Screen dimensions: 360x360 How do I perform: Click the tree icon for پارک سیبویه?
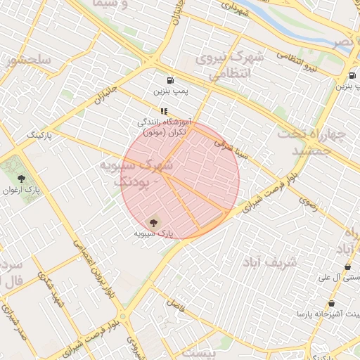click(x=154, y=221)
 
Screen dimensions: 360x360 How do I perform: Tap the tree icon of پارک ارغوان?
click(x=21, y=178)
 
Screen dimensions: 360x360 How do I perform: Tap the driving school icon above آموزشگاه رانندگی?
click(x=164, y=111)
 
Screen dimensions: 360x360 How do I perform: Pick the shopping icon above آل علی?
click(x=348, y=266)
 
